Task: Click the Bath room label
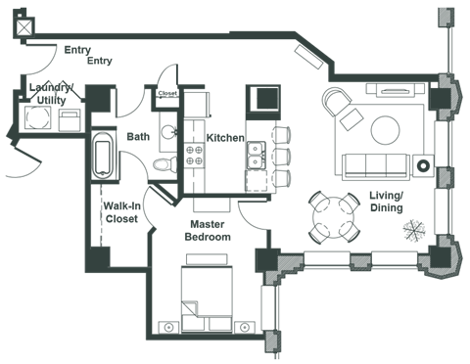(138, 138)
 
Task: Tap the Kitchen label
(225, 138)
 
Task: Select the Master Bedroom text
(209, 231)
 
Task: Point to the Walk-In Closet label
(122, 212)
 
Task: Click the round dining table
(331, 217)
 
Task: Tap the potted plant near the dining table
(414, 232)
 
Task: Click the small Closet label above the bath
(167, 94)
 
